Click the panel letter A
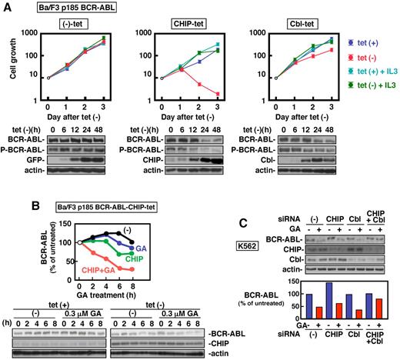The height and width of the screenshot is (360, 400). coord(6,7)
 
